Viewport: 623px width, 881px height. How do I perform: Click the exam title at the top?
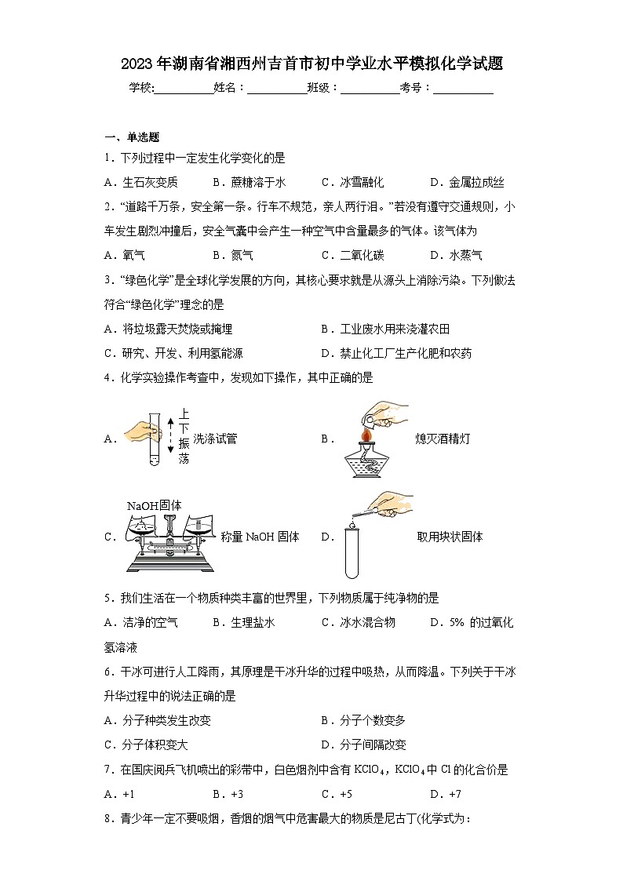(x=311, y=64)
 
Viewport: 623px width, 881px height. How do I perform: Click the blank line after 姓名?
(x=276, y=89)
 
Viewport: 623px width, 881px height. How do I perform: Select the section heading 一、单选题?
(x=132, y=137)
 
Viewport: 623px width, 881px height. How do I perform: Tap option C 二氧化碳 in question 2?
(x=353, y=255)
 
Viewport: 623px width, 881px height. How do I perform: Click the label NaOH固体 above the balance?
(x=155, y=505)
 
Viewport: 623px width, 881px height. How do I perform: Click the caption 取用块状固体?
(x=450, y=537)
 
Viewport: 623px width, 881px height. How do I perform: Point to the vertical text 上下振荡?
(x=183, y=436)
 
